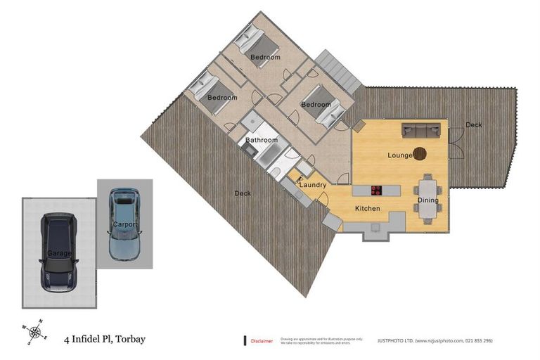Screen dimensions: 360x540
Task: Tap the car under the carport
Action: click(124, 224)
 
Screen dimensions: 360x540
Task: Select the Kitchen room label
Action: click(367, 209)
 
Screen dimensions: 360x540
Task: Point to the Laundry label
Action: click(313, 185)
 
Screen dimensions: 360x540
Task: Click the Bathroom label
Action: click(261, 140)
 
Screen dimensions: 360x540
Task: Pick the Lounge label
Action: click(399, 155)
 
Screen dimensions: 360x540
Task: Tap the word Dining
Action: click(427, 200)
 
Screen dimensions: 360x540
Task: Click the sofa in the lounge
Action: click(420, 130)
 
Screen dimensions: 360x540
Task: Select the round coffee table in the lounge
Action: click(419, 153)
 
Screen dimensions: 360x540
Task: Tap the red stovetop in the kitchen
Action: click(376, 189)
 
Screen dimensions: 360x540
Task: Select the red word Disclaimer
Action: click(262, 340)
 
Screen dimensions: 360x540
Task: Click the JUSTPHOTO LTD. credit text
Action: click(435, 340)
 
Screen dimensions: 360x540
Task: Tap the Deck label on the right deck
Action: click(474, 125)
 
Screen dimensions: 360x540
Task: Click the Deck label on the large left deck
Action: click(243, 193)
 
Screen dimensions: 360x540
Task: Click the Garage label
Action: click(59, 252)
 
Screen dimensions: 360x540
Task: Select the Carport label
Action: click(125, 224)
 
